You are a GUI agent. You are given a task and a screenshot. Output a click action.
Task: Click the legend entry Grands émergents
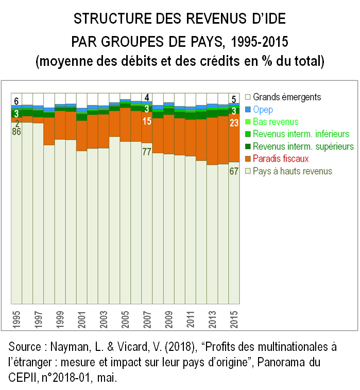coord(287,97)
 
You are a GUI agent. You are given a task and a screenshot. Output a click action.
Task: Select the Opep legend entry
coord(263,110)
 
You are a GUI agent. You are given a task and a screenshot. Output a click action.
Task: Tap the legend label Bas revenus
coord(276,122)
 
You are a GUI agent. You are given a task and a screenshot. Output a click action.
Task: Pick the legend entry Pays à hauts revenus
coord(293,171)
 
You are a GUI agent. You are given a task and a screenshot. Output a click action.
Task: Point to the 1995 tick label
coord(17,319)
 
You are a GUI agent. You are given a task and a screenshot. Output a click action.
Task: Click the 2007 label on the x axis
coord(147,319)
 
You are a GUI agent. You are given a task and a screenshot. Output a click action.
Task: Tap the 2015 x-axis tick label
coord(234,319)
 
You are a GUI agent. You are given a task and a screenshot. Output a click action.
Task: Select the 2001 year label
coord(82,319)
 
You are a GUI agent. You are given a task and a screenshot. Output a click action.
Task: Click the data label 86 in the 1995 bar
coord(17,132)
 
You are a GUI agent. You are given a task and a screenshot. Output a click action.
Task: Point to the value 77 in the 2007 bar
coord(147,152)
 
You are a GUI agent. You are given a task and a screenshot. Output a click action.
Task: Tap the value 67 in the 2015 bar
coord(234,171)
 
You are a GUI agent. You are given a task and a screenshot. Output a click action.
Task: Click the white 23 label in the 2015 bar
coord(234,122)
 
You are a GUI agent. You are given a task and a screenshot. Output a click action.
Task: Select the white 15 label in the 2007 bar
coord(147,121)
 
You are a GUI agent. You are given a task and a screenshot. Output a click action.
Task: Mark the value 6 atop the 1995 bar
coord(16,101)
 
